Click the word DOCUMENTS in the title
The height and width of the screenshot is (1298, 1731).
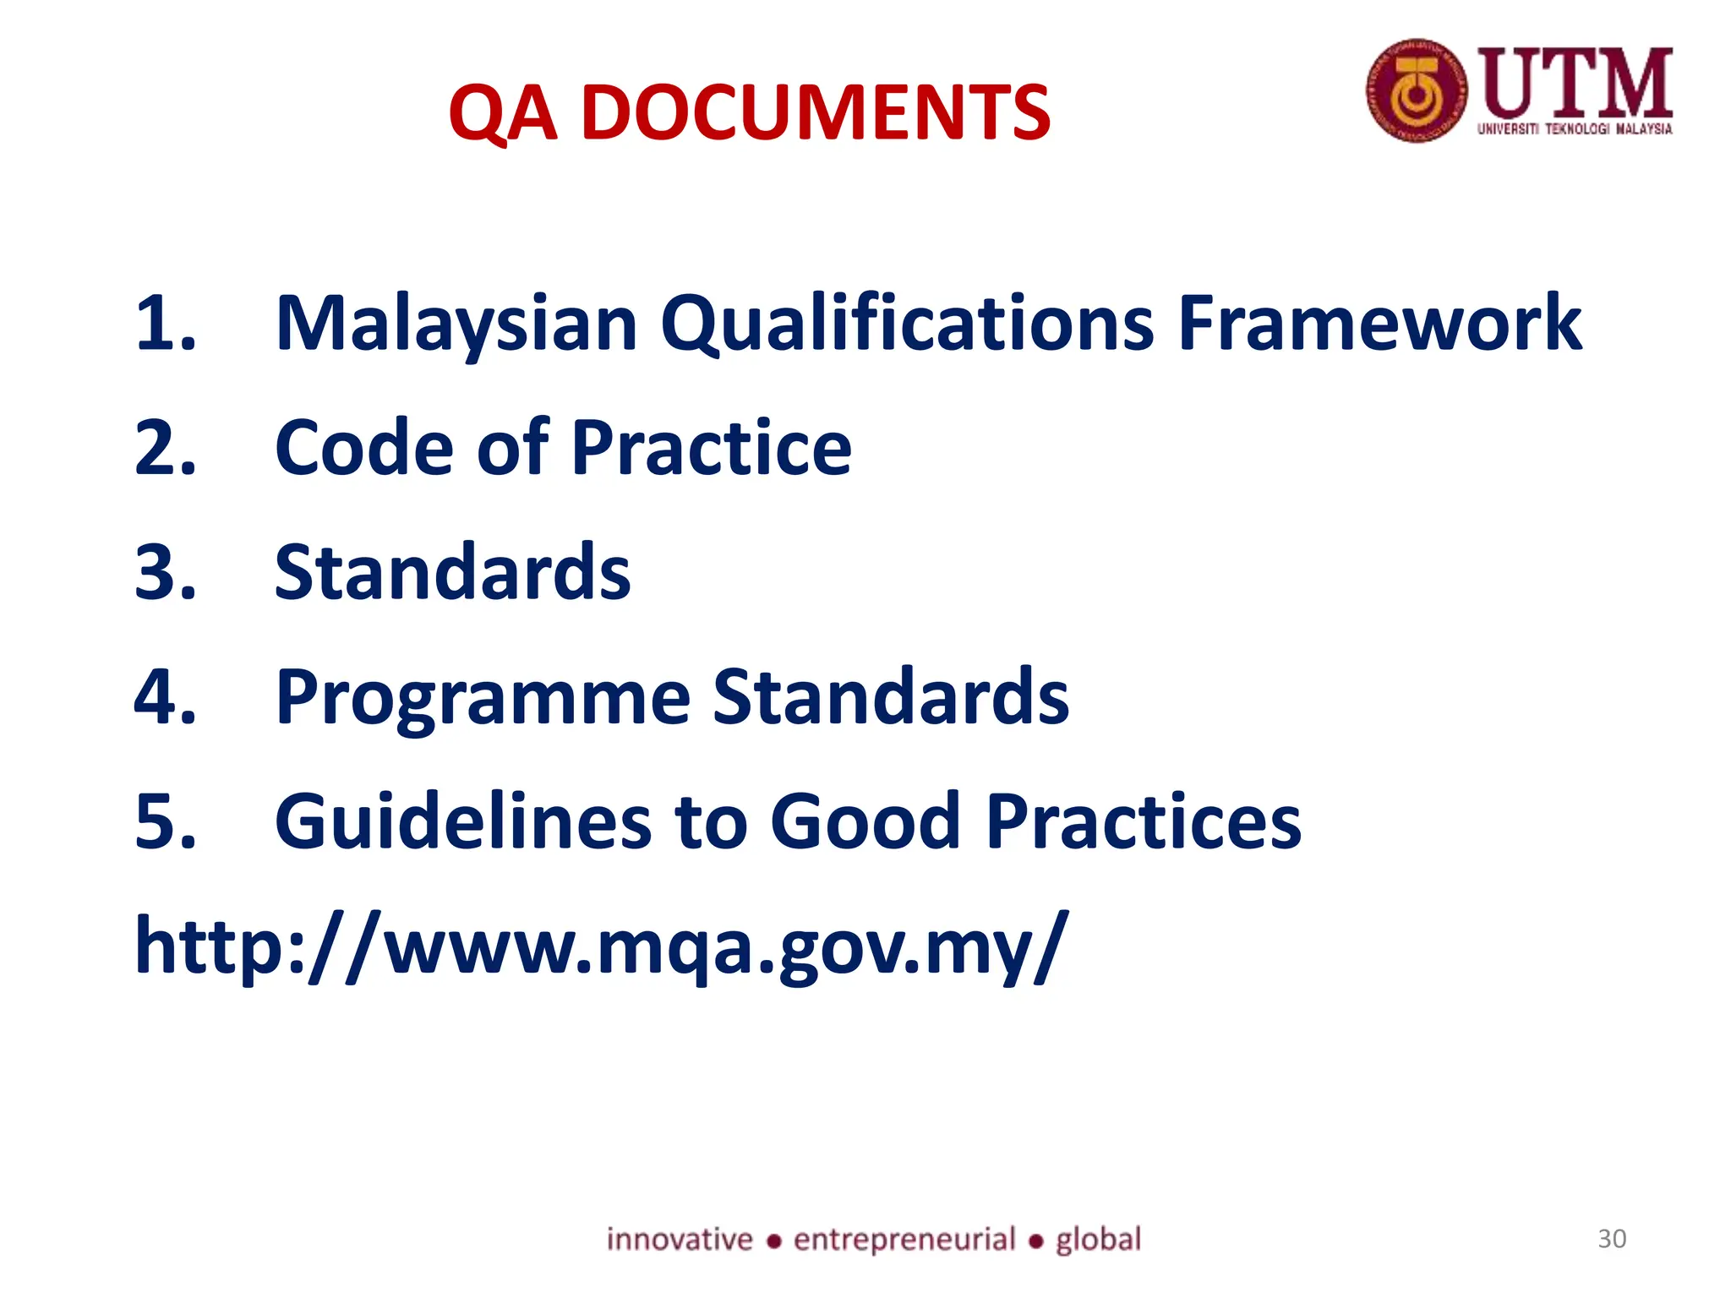tap(816, 112)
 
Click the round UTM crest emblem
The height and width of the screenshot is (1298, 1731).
tap(1417, 90)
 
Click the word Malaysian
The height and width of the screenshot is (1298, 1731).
tap(456, 324)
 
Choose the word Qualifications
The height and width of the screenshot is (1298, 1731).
tap(906, 324)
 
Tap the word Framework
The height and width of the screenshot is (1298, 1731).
tap(1379, 323)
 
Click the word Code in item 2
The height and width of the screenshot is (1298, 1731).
tap(365, 448)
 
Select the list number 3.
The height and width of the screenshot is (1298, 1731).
tap(165, 573)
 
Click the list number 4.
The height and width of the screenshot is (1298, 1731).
tap(165, 697)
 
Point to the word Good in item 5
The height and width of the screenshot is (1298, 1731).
tap(865, 821)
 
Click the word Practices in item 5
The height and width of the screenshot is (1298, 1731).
tap(1143, 821)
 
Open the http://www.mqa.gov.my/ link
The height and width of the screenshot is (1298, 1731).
tap(601, 946)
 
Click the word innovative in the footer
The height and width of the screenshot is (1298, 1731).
tap(680, 1240)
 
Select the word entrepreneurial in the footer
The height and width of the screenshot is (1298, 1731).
tap(904, 1240)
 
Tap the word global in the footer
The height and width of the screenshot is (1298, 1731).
tap(1098, 1240)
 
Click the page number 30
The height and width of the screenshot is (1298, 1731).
tap(1612, 1239)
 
